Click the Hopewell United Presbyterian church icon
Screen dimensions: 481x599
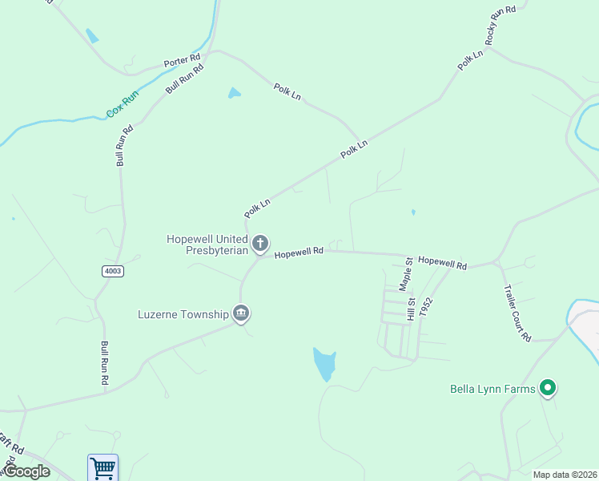(x=259, y=243)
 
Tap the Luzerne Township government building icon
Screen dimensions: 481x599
(x=240, y=313)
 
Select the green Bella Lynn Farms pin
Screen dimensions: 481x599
(x=548, y=389)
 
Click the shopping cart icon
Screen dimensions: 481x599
(x=103, y=467)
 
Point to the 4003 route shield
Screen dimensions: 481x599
(x=113, y=271)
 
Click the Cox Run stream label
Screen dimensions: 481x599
(x=123, y=104)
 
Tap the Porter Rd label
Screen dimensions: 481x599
(x=182, y=61)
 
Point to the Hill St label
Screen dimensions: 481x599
(x=411, y=309)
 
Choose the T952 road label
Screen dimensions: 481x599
(x=427, y=309)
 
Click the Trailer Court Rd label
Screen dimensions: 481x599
(x=517, y=313)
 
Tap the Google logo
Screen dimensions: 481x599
(x=26, y=471)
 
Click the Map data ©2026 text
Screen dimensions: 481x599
(x=565, y=475)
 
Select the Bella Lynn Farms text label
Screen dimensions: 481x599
(x=491, y=390)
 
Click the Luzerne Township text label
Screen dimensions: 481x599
(x=183, y=313)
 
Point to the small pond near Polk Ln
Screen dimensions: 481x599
(x=234, y=93)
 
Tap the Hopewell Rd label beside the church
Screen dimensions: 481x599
(x=299, y=252)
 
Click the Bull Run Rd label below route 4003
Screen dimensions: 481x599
(x=104, y=363)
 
